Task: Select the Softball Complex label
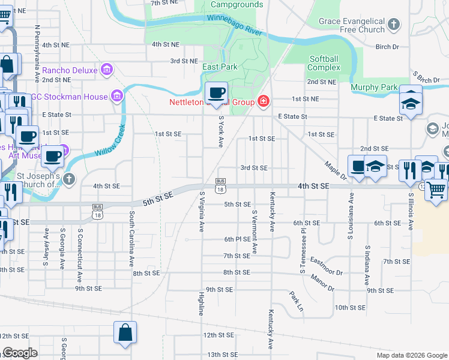click(324, 63)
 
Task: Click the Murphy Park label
click(375, 88)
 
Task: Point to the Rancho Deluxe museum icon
click(107, 70)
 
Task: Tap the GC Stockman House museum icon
click(116, 96)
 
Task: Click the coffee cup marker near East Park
click(216, 93)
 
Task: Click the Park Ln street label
click(296, 303)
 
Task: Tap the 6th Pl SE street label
click(237, 239)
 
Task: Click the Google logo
click(20, 353)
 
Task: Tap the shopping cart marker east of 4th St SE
click(436, 189)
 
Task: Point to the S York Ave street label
click(221, 131)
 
